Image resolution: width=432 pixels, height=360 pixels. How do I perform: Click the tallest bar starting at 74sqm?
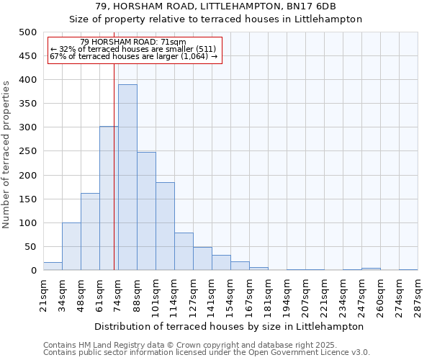pyautogui.click(x=127, y=177)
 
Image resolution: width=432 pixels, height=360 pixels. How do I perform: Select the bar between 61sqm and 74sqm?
pyautogui.click(x=109, y=198)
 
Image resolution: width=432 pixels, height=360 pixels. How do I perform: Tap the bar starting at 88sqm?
pyautogui.click(x=146, y=211)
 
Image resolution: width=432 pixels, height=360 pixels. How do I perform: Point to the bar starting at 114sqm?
pyautogui.click(x=184, y=251)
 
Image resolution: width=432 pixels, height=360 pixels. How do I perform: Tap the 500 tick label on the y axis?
pyautogui.click(x=28, y=32)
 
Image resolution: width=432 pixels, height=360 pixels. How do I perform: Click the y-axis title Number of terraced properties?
pyautogui.click(x=6, y=154)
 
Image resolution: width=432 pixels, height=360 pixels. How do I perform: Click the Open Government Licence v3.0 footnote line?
pyautogui.click(x=207, y=352)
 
